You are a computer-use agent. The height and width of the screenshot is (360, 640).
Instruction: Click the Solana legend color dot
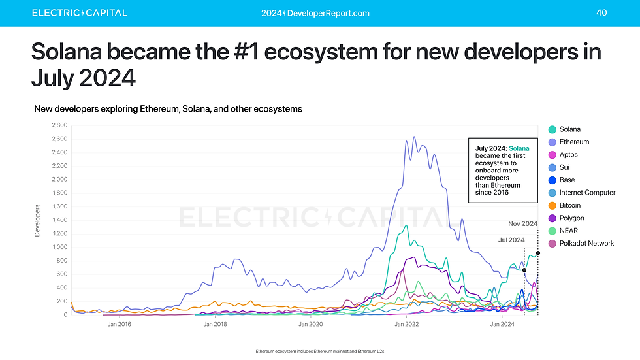click(x=552, y=129)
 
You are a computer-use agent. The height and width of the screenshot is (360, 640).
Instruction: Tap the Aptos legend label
click(x=568, y=155)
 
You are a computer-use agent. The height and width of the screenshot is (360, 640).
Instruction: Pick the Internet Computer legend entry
click(x=587, y=193)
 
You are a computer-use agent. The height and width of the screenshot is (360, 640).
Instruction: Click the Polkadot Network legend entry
click(x=586, y=243)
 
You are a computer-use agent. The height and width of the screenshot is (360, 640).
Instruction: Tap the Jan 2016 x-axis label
click(x=120, y=323)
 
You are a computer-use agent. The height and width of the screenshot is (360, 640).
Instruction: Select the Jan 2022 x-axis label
click(x=406, y=323)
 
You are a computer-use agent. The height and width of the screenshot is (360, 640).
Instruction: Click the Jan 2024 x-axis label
click(x=501, y=323)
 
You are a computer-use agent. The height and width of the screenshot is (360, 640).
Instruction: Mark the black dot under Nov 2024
click(x=537, y=253)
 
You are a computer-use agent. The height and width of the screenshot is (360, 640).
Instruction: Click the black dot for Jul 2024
click(x=524, y=270)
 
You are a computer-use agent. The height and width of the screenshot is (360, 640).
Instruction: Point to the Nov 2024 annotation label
click(x=522, y=223)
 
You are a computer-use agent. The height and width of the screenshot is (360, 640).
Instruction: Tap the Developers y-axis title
click(x=37, y=220)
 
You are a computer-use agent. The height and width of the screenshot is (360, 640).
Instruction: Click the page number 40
click(x=601, y=13)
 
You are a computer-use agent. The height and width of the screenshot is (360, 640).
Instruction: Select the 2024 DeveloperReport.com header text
click(x=315, y=13)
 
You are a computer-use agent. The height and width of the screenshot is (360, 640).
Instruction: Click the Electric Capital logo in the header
click(x=80, y=13)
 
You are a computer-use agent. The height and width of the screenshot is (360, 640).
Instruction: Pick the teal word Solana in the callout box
click(x=519, y=149)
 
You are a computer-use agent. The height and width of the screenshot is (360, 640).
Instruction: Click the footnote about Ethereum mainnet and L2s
click(x=320, y=352)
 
